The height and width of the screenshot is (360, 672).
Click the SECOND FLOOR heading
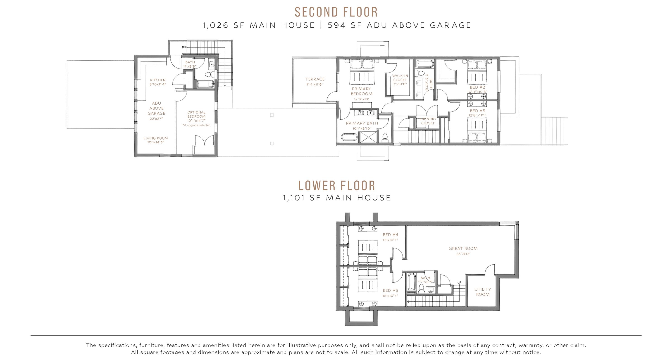[336, 12]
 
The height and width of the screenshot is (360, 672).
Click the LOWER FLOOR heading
[337, 186]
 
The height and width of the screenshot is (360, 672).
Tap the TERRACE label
[315, 79]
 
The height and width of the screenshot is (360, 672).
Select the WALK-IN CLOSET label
[400, 78]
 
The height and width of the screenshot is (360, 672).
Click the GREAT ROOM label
[463, 249]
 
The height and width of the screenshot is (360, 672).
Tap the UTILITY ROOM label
[483, 292]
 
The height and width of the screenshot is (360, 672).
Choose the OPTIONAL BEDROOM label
[196, 114]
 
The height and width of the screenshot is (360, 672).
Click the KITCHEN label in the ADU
[158, 80]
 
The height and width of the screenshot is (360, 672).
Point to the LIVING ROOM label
[156, 138]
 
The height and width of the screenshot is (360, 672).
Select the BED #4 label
[391, 235]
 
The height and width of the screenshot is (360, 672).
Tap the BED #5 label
[391, 290]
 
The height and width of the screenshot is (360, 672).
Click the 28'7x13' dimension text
[463, 254]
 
